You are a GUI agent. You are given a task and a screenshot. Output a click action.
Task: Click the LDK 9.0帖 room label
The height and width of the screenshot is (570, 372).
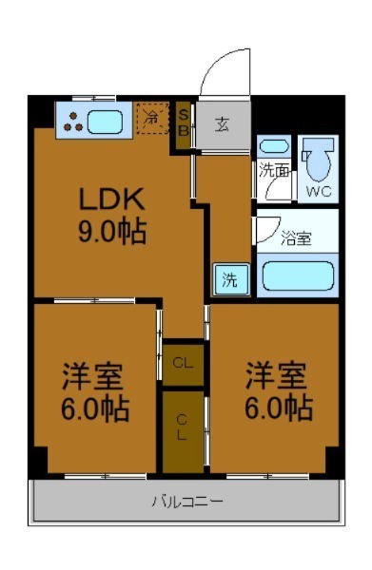point(111,216)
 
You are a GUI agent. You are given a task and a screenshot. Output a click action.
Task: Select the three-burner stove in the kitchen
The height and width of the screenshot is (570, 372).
point(71,120)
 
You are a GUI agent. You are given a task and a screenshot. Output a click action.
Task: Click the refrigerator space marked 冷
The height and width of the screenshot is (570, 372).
point(152,117)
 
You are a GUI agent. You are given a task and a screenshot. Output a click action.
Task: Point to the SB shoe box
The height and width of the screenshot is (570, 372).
point(186,122)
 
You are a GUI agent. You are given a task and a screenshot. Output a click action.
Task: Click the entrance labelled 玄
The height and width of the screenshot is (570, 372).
point(222,123)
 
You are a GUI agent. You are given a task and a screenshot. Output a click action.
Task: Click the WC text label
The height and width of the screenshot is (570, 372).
point(319,189)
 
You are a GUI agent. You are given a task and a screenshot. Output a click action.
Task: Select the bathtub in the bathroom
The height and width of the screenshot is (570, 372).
point(298,276)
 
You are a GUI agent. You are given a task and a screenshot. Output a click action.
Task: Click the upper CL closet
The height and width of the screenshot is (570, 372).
point(183,362)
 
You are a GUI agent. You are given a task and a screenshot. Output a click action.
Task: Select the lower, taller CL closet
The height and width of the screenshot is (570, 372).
point(183,429)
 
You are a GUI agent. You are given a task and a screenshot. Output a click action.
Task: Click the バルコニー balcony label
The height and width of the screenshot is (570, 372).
point(186,500)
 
